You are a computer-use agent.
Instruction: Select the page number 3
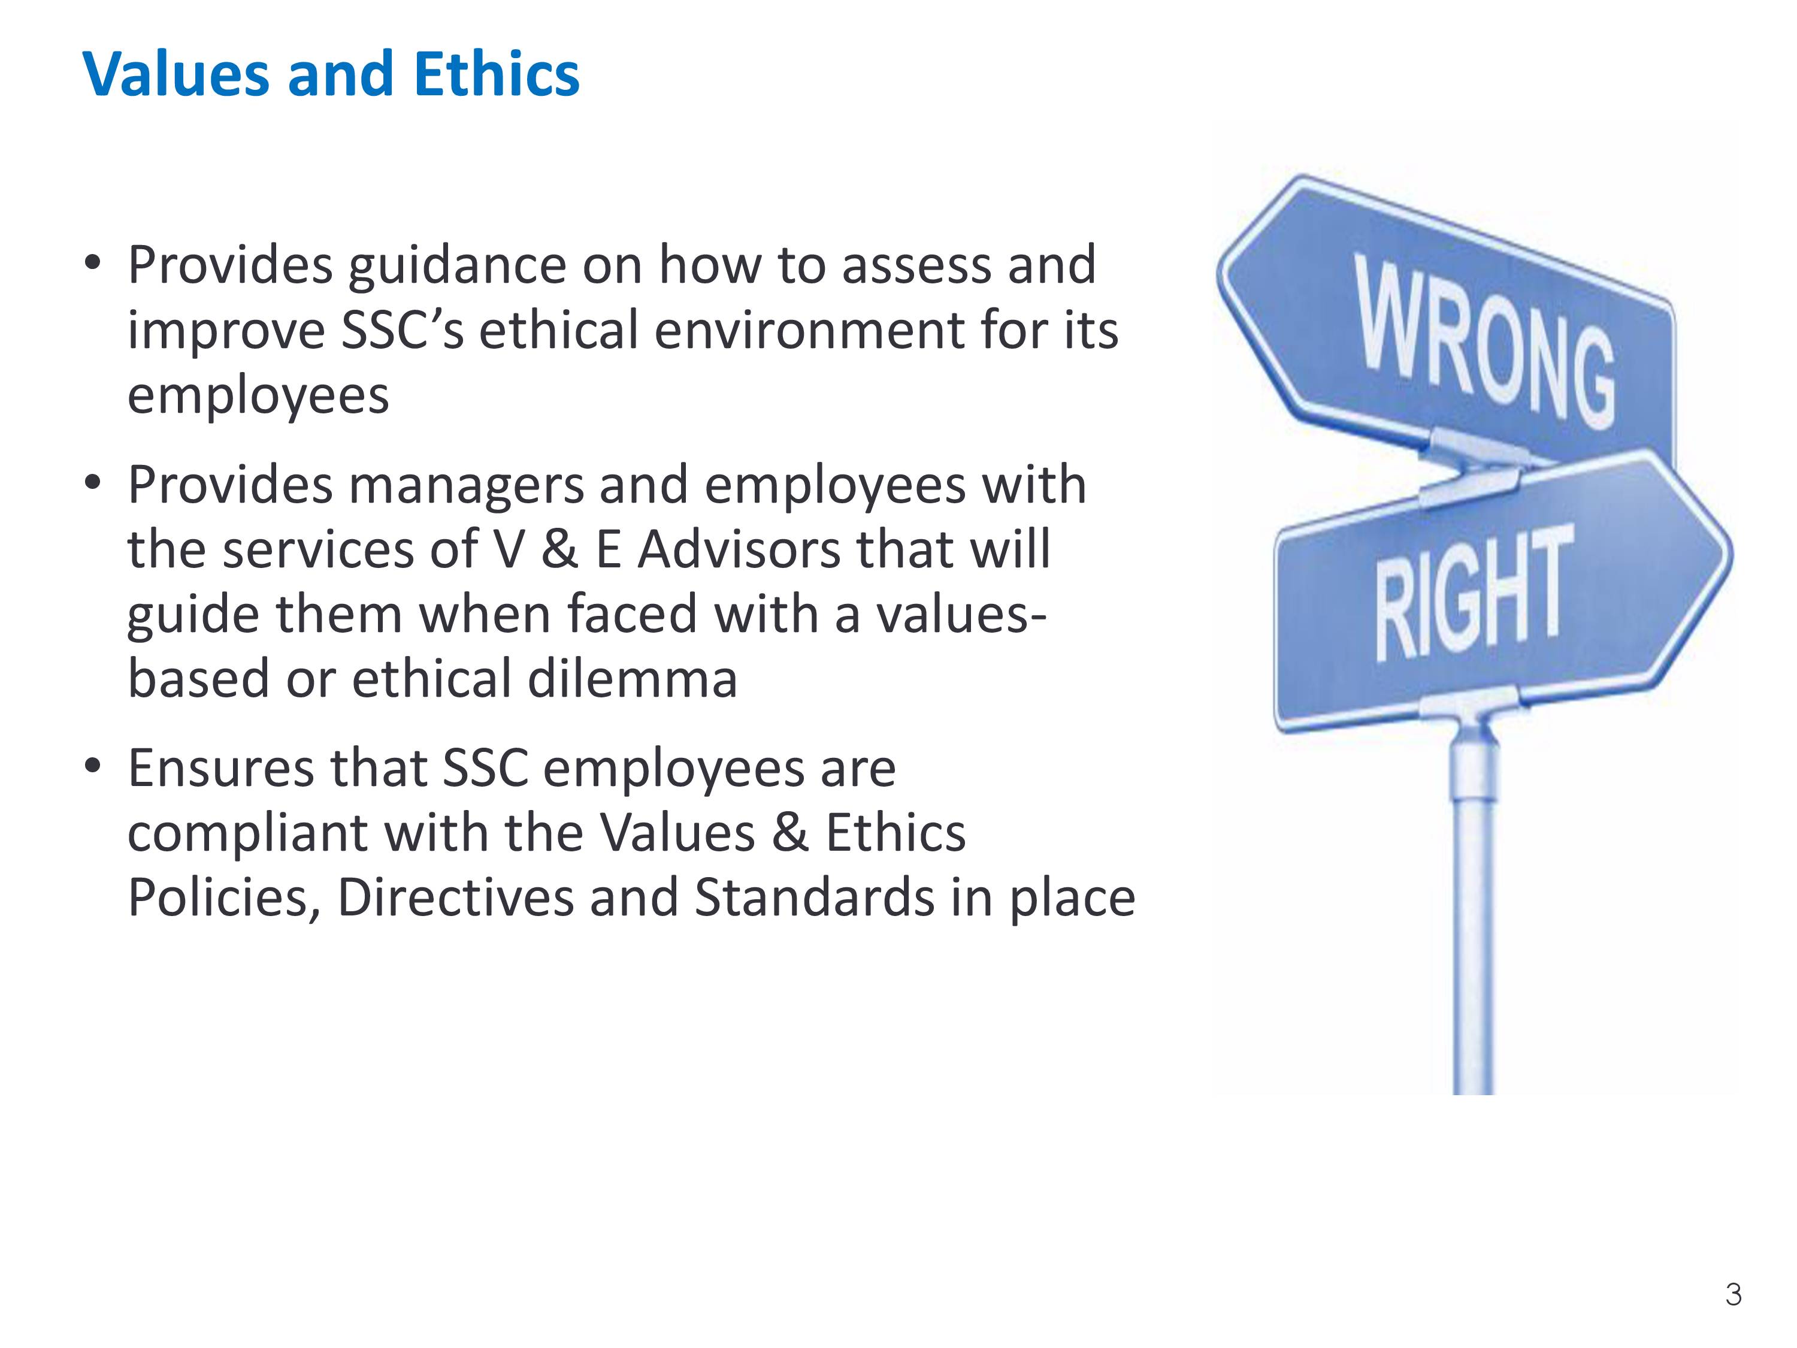click(1733, 1294)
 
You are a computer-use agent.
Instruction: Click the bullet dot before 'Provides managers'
click(93, 483)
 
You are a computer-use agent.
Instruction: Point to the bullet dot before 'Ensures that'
click(93, 766)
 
